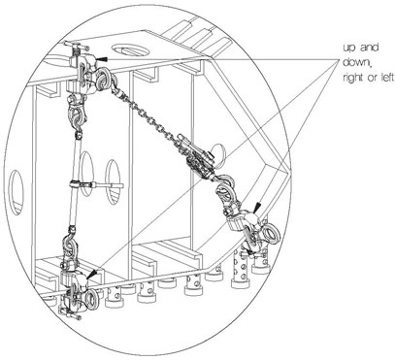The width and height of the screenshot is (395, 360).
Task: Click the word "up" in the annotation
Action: tap(349, 49)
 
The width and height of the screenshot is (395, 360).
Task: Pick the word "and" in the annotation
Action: tap(369, 48)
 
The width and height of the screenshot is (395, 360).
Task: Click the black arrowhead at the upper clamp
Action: tap(102, 59)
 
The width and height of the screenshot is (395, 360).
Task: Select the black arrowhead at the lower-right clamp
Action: tap(257, 208)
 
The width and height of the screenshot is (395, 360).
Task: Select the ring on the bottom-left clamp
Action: tap(92, 298)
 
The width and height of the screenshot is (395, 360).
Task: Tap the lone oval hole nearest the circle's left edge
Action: tap(16, 192)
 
